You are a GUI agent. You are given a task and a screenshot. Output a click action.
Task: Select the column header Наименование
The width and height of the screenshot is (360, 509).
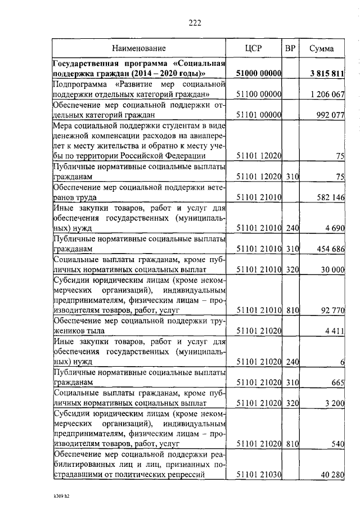138,49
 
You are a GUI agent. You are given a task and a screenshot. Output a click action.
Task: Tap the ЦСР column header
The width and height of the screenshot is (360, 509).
254,49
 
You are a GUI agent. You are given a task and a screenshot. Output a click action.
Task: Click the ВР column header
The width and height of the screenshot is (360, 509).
290,49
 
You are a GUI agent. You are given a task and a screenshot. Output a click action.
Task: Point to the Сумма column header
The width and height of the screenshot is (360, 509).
322,49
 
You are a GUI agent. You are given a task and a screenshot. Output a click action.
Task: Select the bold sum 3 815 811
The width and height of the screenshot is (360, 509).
327,74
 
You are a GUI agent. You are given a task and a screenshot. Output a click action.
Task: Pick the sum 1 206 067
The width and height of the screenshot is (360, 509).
327,94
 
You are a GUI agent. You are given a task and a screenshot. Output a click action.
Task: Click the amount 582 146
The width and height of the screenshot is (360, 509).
329,198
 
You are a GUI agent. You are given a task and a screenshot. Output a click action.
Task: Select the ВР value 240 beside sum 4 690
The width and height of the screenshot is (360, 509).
291,228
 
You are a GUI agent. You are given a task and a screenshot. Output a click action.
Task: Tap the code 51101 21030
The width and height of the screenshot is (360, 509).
258,476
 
